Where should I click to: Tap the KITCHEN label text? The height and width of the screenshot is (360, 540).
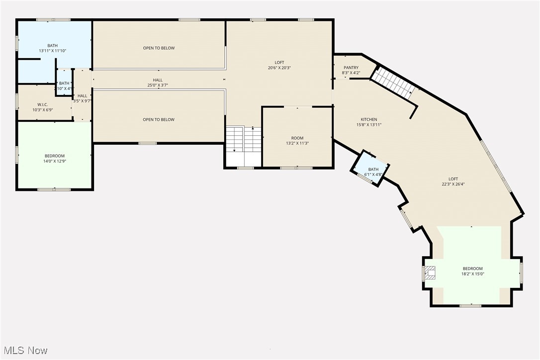(x=368, y=119)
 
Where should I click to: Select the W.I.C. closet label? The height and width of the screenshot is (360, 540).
(x=42, y=104)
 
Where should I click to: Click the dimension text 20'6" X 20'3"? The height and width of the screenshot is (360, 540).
(x=279, y=68)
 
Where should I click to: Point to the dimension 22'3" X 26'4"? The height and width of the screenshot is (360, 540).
(x=453, y=184)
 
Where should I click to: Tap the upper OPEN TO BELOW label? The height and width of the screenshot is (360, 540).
(x=159, y=48)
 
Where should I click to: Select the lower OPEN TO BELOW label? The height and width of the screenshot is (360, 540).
(x=159, y=120)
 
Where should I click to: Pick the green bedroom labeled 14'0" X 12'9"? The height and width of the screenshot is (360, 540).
(x=54, y=158)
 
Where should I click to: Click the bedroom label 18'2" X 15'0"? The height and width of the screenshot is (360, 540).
(x=472, y=271)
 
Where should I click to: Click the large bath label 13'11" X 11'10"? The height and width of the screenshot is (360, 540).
(x=52, y=48)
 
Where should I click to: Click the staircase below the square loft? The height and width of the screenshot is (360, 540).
(x=244, y=140)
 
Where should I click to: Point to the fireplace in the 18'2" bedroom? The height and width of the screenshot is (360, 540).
(x=430, y=272)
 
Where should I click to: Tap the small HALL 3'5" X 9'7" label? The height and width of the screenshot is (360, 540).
(x=82, y=98)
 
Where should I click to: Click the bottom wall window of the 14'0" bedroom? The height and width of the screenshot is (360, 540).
(x=54, y=189)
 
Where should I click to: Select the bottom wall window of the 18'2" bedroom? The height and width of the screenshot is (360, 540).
(x=470, y=305)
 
